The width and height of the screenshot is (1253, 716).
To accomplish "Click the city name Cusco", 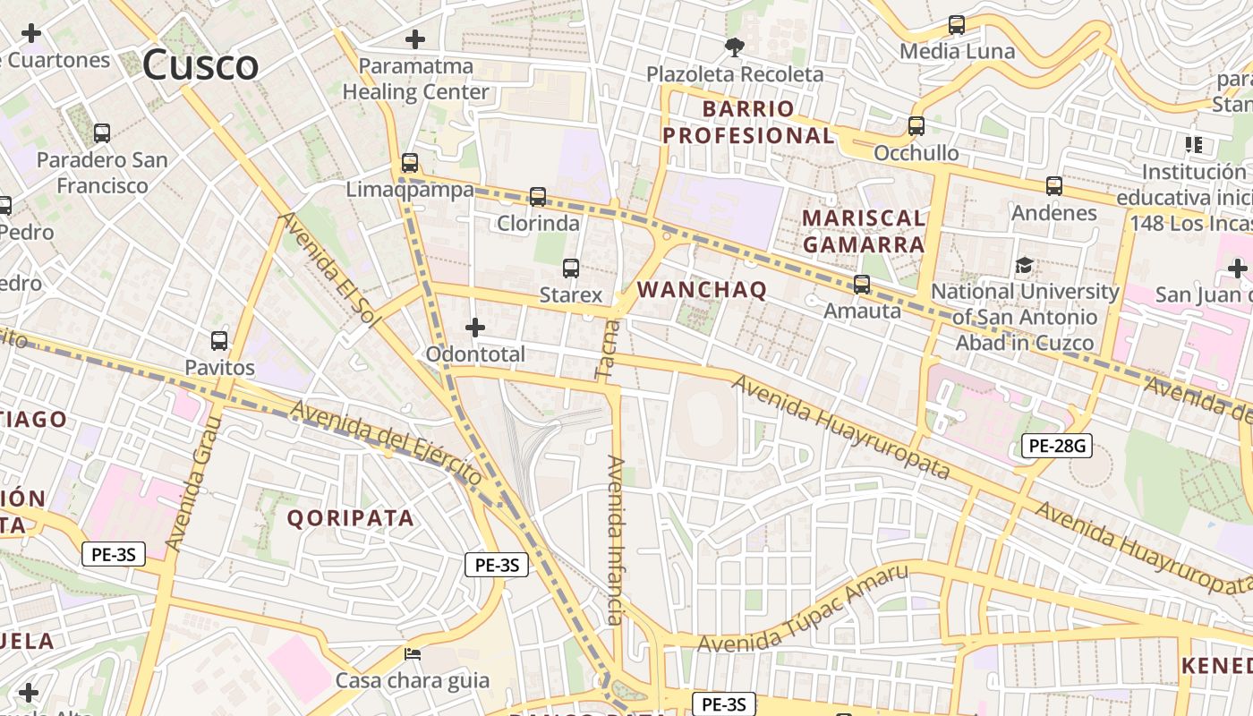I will tap(200, 65).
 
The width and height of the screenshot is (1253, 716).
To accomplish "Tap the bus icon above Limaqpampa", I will tap(410, 163).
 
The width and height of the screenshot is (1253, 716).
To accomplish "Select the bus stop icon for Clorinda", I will tap(538, 197).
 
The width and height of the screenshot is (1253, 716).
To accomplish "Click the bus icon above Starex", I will tap(571, 268).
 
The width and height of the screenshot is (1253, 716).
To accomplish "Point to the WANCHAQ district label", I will tap(702, 290).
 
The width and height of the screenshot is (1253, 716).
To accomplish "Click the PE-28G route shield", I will tap(1057, 445).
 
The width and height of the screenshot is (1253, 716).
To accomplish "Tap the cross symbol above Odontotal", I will tap(475, 328).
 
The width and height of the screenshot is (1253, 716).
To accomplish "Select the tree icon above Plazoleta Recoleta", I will tap(735, 47).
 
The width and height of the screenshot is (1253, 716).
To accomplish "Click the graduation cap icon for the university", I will tap(1024, 265).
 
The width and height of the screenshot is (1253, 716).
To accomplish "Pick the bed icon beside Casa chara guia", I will tap(413, 653).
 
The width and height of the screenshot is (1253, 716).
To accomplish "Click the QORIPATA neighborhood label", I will tap(351, 518).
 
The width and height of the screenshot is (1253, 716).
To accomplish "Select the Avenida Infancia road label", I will tap(615, 540).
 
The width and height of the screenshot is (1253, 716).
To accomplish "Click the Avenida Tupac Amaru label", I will tap(803, 611).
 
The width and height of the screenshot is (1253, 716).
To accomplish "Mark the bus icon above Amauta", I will tap(862, 285).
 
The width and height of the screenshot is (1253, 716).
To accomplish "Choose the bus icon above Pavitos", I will tap(219, 341).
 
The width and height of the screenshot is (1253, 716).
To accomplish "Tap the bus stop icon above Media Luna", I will tap(957, 25).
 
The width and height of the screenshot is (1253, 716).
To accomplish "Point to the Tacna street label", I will tap(607, 350).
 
